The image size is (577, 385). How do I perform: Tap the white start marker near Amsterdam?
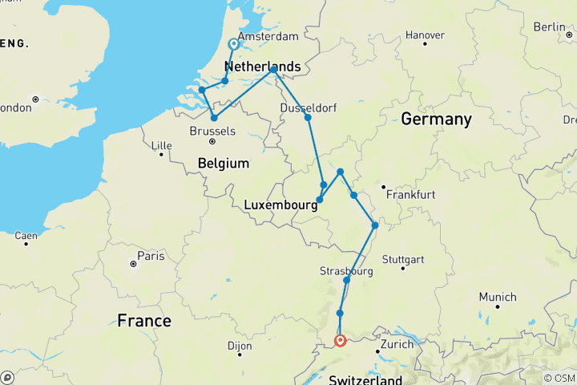233,45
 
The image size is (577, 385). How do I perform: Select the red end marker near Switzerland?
341,340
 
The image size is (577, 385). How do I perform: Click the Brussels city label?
213,130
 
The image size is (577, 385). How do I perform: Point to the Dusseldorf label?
308,107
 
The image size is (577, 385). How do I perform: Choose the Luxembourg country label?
279,205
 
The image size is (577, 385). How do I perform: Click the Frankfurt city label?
410,195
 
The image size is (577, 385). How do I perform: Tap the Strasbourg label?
346,271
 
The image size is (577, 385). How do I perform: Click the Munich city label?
498,297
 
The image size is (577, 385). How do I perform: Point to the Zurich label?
397,344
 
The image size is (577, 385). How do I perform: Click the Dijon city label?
239,346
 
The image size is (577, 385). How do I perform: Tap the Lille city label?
162,145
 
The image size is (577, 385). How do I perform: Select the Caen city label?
26,235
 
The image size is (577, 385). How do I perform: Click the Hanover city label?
425,35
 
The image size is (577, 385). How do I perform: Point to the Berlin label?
549,26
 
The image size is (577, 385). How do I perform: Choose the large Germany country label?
436,120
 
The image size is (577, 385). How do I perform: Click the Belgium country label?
224,164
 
